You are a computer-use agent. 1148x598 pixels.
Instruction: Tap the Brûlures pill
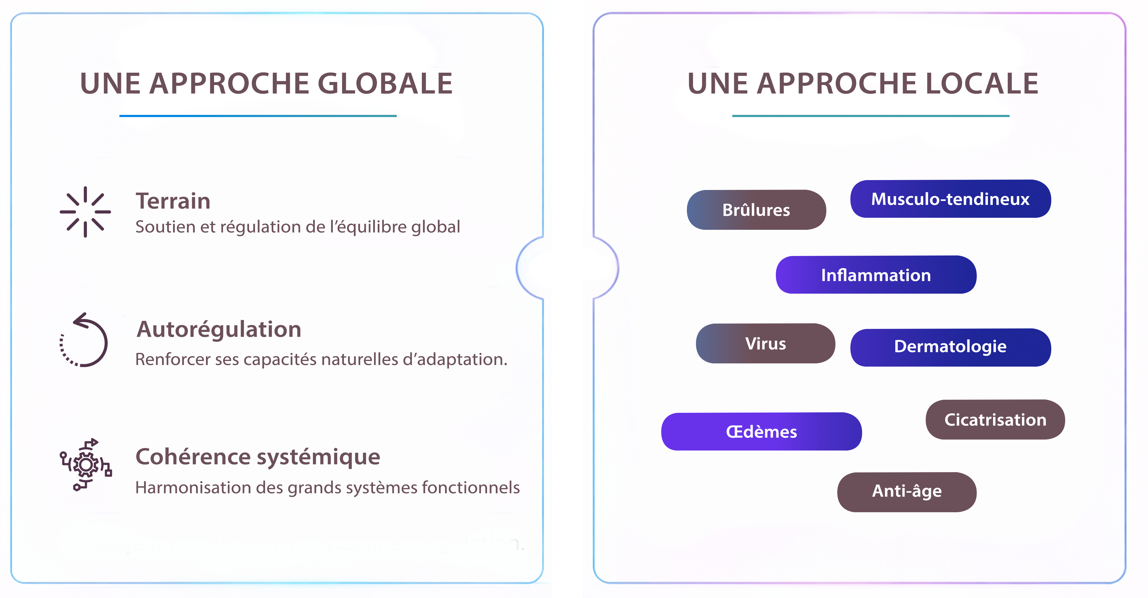(756, 210)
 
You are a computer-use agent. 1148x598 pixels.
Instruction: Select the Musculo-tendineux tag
(951, 199)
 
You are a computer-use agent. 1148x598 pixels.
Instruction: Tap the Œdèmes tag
(762, 431)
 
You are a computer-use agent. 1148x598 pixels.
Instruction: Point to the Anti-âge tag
(907, 492)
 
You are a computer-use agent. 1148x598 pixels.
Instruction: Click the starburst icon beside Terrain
(85, 212)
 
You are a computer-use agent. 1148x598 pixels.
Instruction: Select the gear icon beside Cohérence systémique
(85, 464)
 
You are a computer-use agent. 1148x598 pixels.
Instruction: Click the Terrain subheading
(173, 201)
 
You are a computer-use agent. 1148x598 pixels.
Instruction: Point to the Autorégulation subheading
(219, 329)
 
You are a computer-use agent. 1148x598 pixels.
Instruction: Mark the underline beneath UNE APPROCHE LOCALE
(871, 116)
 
